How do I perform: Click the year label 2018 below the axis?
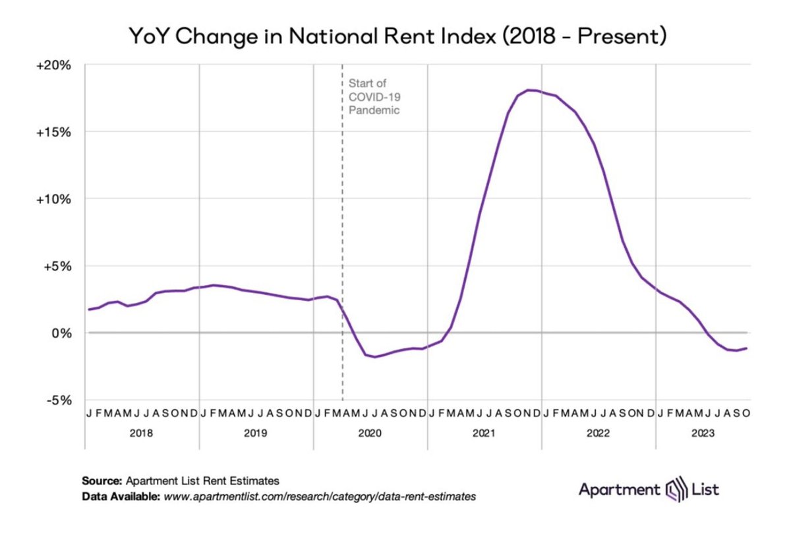pos(142,433)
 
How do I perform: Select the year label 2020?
pos(370,433)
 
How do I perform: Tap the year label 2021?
pos(484,433)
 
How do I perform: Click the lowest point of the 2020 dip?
pos(375,357)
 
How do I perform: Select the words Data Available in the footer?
pos(119,495)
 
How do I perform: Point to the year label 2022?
pos(598,433)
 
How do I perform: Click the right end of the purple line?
pos(746,348)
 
